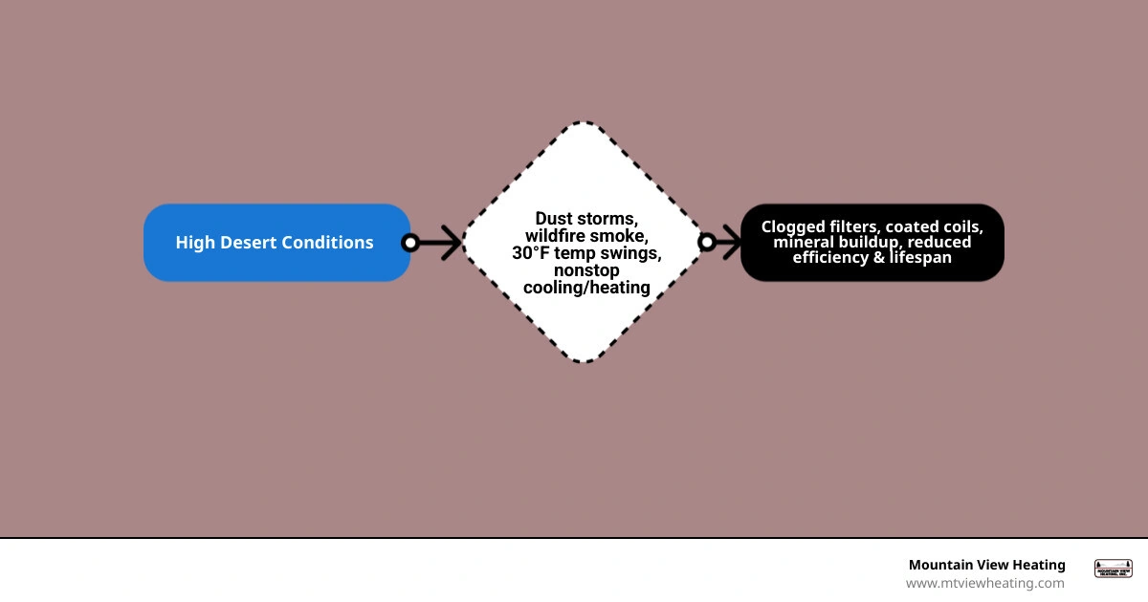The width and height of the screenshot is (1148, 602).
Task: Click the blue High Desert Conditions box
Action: click(x=276, y=243)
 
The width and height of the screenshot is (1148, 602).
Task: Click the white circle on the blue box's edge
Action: click(x=410, y=243)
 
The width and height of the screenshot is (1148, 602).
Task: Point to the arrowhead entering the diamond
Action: click(x=452, y=243)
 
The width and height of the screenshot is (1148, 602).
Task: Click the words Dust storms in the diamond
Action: click(x=586, y=219)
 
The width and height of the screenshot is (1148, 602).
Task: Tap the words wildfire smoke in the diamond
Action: click(x=586, y=236)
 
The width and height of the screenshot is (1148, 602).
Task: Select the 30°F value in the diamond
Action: click(x=530, y=253)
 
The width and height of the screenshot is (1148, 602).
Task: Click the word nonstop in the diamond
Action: click(x=586, y=270)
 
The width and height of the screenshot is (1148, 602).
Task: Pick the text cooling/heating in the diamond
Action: click(x=586, y=288)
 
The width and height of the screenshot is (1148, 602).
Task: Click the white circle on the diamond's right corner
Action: click(x=707, y=242)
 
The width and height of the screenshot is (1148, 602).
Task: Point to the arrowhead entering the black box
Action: click(x=732, y=242)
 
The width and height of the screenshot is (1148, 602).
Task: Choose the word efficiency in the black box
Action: click(x=829, y=257)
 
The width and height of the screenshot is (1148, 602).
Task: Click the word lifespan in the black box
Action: click(x=920, y=257)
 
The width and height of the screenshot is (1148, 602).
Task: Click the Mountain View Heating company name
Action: click(x=987, y=565)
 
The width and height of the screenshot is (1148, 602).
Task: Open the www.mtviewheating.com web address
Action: click(x=985, y=583)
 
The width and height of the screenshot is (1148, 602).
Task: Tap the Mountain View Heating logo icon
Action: click(x=1114, y=569)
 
